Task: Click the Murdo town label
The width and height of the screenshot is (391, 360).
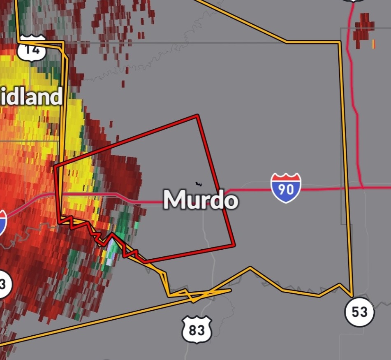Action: [201, 200]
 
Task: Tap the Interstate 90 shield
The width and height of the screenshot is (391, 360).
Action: [286, 188]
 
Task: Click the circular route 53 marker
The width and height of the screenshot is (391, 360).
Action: [359, 312]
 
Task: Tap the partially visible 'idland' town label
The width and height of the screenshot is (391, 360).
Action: [31, 97]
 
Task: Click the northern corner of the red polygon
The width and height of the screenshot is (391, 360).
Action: [198, 116]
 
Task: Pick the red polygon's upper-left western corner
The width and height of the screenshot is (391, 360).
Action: [55, 167]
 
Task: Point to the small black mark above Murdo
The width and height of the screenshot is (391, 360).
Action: [199, 183]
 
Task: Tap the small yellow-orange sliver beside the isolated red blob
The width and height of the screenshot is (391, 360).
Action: [374, 44]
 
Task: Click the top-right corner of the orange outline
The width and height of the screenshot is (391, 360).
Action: [340, 42]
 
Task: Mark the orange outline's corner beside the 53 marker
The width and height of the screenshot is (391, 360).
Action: [352, 296]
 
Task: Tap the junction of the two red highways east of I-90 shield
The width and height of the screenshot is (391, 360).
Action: [362, 188]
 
